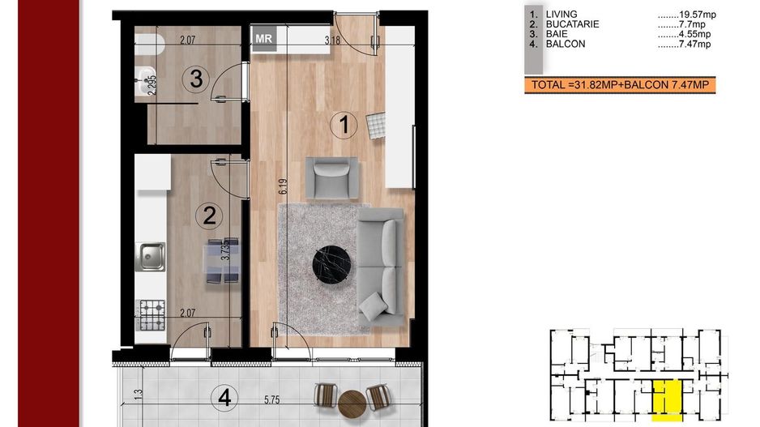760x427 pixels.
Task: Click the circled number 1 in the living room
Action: tap(344, 125)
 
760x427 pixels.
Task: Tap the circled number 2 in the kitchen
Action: tap(209, 216)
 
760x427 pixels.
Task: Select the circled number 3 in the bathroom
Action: tap(196, 79)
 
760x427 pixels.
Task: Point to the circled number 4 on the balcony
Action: tap(224, 398)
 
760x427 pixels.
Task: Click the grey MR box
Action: tap(263, 38)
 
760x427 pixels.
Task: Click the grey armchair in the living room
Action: tap(332, 178)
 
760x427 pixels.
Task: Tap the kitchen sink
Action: tap(150, 257)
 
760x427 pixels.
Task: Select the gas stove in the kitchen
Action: tap(150, 315)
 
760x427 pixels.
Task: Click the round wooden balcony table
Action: tap(352, 404)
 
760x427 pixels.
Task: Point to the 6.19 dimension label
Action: tap(283, 186)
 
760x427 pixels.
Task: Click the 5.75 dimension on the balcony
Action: tap(272, 400)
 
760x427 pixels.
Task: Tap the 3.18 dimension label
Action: tap(332, 41)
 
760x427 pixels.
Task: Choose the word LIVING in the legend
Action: tap(561, 15)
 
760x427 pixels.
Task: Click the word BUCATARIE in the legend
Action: tap(572, 24)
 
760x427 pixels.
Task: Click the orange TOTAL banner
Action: tap(620, 85)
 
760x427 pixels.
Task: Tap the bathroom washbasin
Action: tap(144, 80)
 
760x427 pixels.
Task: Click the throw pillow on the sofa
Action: tap(374, 306)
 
